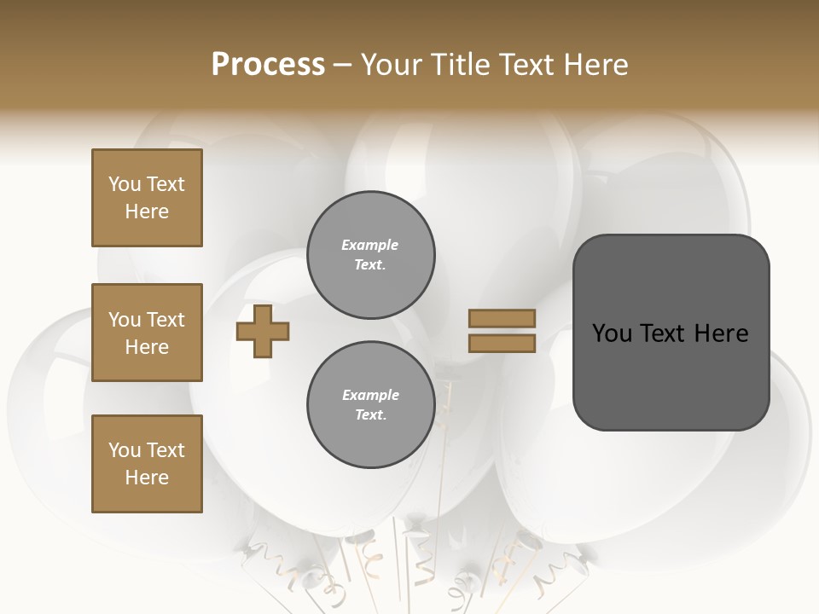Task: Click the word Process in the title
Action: click(268, 65)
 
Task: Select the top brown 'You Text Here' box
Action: click(147, 198)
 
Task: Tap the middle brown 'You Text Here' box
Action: click(147, 333)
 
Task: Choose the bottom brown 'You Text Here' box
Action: click(147, 463)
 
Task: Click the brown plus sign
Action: click(263, 332)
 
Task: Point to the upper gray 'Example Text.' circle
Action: click(371, 255)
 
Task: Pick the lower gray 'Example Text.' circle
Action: click(371, 405)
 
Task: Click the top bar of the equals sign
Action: click(502, 318)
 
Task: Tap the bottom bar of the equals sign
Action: click(502, 344)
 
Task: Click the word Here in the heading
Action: click(595, 65)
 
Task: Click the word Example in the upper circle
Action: click(369, 246)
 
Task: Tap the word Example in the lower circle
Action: click(370, 396)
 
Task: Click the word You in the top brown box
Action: click(125, 184)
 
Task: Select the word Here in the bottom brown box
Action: click(147, 478)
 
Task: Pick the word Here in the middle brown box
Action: click(147, 347)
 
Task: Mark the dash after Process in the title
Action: click(342, 66)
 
